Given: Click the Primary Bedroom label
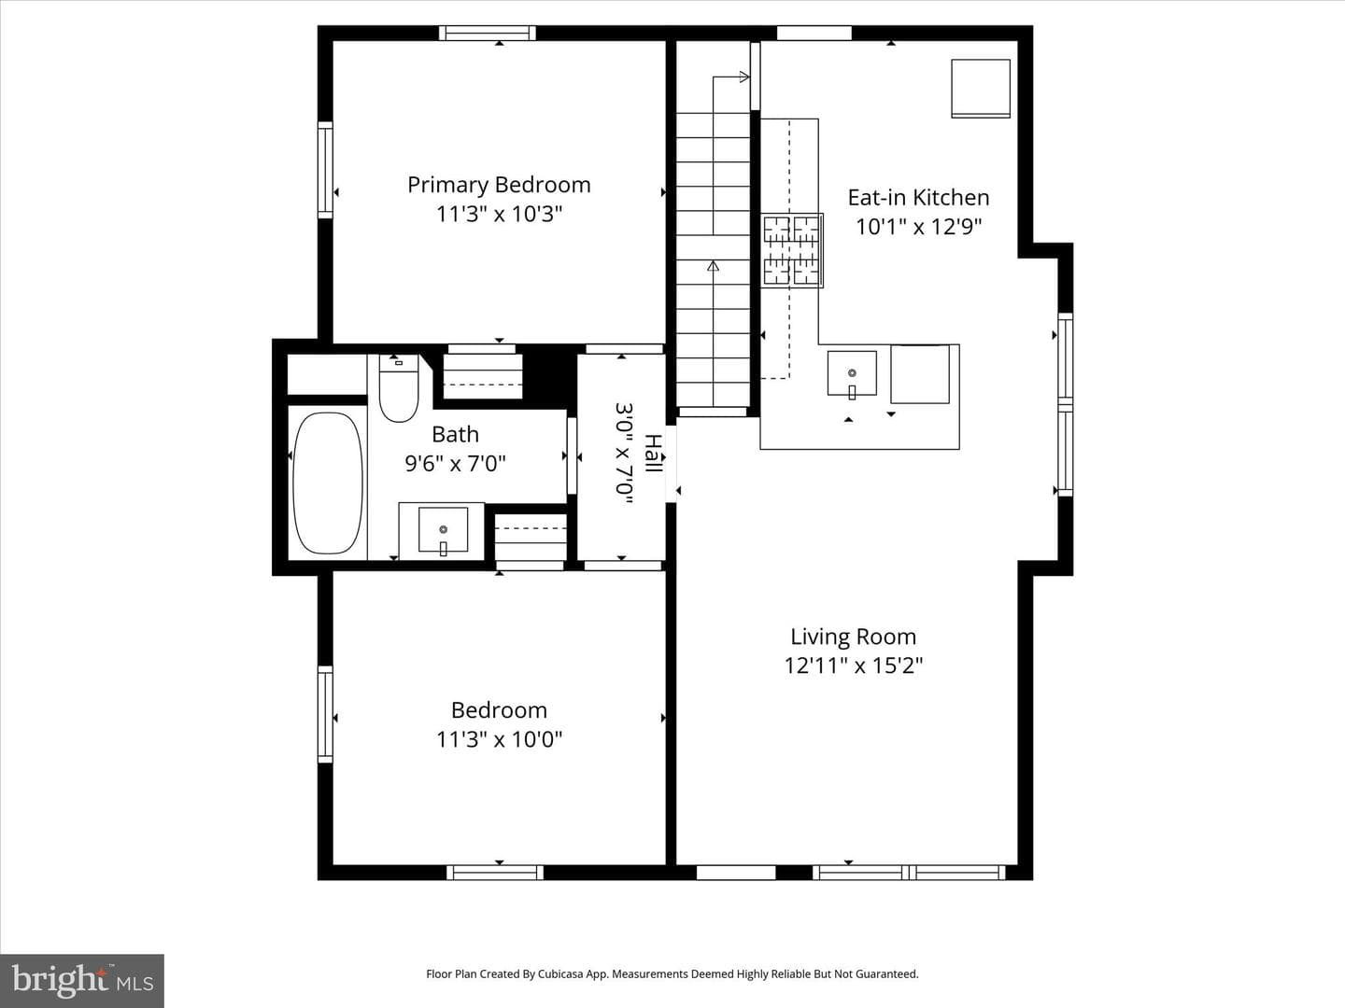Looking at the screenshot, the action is pos(499,185).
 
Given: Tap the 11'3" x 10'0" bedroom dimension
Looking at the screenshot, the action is pos(499,739).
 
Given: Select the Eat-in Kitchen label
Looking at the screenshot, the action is pos(918,197).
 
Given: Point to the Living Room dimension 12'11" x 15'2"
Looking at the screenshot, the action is pos(854,665).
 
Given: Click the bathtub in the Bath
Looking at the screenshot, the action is pos(328,483).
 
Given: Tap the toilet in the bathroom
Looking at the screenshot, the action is pos(399,388).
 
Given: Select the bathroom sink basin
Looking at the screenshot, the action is pos(443,530).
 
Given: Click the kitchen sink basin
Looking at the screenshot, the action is pos(852,373).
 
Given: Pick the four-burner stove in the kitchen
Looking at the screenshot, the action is pos(792,250).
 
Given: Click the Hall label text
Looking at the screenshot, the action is pos(653,454).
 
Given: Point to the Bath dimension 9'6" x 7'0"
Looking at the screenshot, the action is pos(455,464).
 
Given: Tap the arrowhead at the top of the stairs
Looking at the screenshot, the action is pos(743,77).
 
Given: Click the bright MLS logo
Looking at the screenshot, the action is pos(82,980).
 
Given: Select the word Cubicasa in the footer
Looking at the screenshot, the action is pos(560,973).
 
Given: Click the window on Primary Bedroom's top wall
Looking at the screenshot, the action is pos(488,33).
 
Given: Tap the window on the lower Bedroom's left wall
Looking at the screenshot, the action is pos(325,714).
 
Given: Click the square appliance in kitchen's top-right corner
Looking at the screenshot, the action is pos(981,88).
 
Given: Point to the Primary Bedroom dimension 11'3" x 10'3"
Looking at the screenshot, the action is pos(499,215).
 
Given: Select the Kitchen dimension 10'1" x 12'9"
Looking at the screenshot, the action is pos(918,227).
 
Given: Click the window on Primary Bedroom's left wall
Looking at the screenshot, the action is pos(325,170).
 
